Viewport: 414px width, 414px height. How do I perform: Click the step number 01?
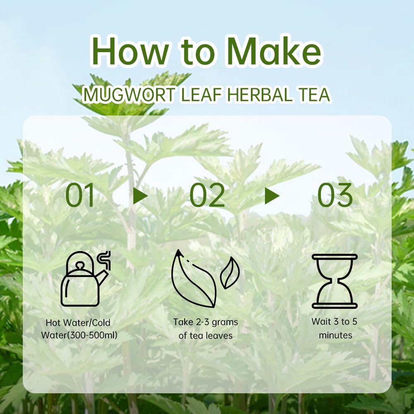80,196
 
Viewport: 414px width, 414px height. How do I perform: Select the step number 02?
207,196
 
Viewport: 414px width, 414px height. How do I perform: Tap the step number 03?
335,196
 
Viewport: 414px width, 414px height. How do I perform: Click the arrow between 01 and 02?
140,196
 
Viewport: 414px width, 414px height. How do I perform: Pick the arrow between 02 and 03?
272,196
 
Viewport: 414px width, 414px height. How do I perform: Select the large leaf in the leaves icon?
193,282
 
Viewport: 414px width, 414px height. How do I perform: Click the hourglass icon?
335,281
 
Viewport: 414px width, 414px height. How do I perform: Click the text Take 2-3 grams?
205,322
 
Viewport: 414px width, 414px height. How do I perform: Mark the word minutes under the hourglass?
335,335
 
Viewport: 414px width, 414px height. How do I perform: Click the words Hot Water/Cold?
78,323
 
